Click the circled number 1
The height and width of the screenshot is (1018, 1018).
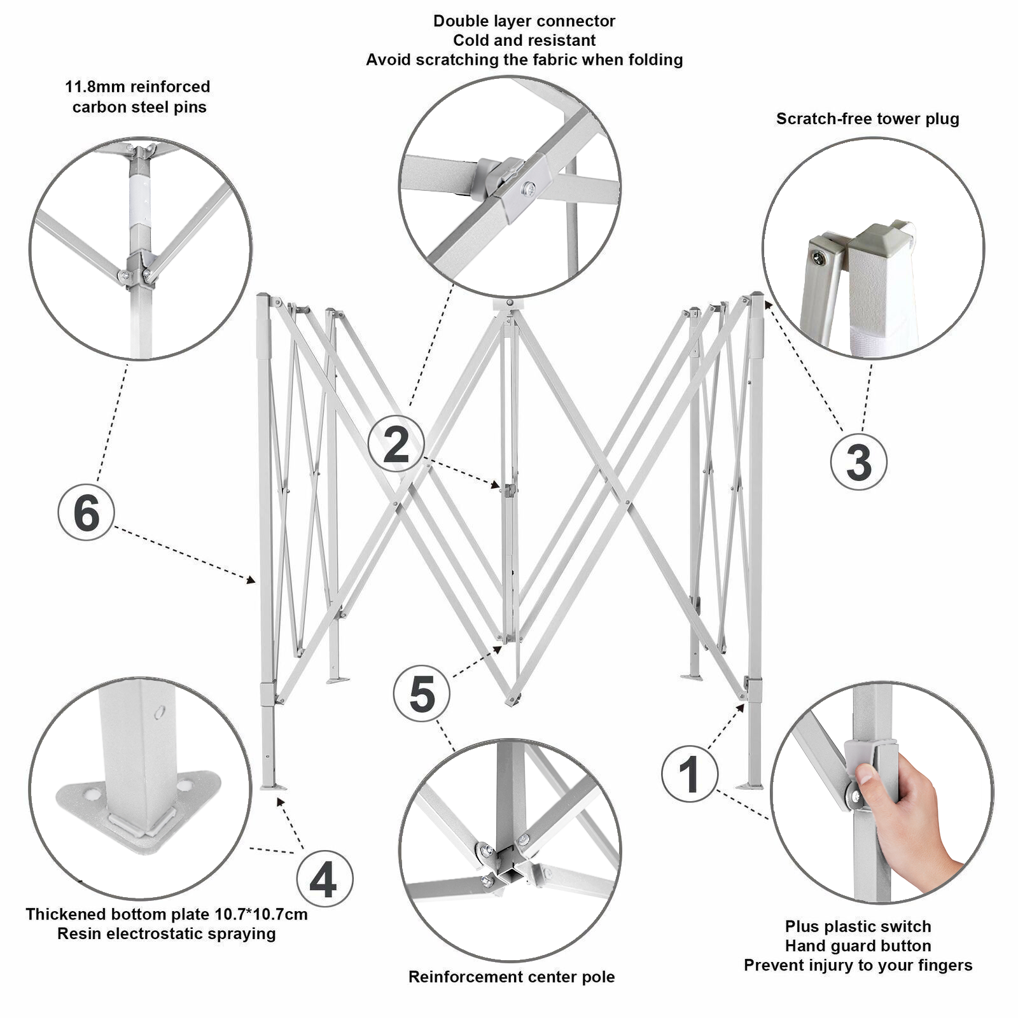coord(690,774)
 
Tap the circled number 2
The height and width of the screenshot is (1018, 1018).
coord(396,443)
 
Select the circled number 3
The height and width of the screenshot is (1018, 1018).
coord(858,461)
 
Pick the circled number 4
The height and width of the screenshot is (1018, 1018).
coord(324,880)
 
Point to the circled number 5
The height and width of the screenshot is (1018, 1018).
coord(422,694)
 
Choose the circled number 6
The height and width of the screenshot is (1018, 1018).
coord(86,512)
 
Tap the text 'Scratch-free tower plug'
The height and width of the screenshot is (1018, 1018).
coord(867,119)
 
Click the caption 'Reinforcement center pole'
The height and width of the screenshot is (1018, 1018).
coord(512,977)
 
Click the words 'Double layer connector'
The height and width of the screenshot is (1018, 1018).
coord(524,21)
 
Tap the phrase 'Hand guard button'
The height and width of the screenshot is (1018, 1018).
coord(858,945)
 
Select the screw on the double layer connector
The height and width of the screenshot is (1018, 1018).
coord(527,188)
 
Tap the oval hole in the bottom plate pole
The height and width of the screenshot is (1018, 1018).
coord(160,712)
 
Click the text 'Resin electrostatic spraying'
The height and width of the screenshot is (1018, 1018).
coord(167,933)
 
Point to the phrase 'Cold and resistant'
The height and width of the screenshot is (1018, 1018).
coord(524,40)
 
